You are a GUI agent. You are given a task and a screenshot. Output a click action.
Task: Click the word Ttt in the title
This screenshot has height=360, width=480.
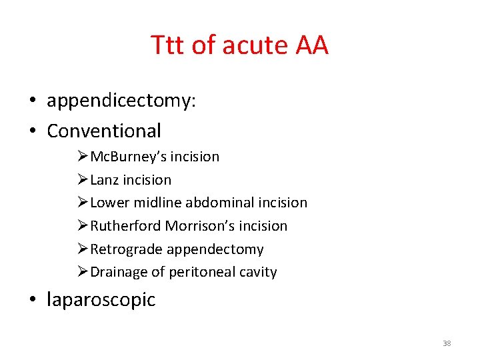168,45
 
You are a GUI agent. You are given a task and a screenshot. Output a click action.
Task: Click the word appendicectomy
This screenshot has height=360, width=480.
121,101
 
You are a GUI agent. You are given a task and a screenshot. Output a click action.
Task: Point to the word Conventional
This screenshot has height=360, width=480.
104,131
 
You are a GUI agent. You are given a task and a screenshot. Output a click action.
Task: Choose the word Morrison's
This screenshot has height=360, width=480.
197,226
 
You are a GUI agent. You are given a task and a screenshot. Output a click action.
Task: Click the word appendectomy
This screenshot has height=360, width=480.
215,250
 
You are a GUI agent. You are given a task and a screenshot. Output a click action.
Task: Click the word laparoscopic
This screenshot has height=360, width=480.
101,300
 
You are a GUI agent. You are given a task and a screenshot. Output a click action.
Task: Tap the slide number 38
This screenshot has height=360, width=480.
447,343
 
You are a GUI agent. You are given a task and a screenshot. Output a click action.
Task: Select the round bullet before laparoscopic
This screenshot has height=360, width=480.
32,300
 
